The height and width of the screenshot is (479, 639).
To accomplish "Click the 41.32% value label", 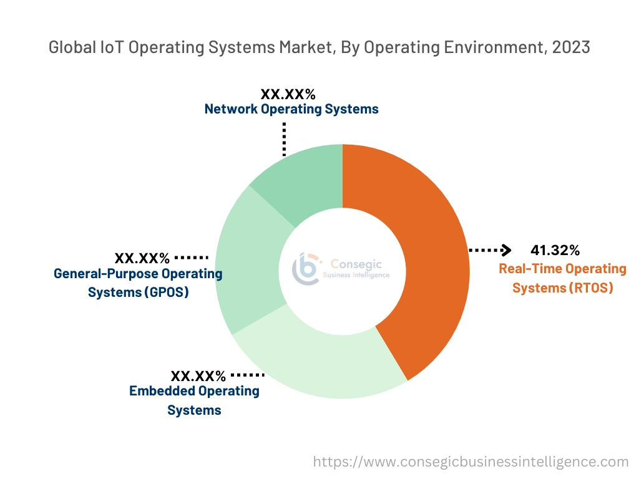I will point(555,251).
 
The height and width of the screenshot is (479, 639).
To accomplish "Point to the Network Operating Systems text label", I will point(291,109).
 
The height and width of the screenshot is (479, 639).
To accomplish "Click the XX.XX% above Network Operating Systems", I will point(288,95).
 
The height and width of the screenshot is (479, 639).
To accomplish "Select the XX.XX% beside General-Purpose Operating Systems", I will point(142,258).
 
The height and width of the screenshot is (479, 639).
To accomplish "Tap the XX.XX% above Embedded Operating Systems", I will point(198,376).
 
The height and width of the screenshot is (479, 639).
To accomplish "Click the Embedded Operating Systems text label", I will point(194,400).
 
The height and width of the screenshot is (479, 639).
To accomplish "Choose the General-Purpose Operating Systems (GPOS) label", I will point(138,283).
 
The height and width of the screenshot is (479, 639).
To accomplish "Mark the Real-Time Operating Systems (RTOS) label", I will point(562,278).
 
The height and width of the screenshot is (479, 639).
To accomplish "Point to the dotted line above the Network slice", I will point(284,138).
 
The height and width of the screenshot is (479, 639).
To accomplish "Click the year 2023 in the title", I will point(570,47).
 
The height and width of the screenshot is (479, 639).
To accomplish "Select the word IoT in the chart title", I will point(114,47).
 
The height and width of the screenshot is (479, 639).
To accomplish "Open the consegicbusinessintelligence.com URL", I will point(471,462).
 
